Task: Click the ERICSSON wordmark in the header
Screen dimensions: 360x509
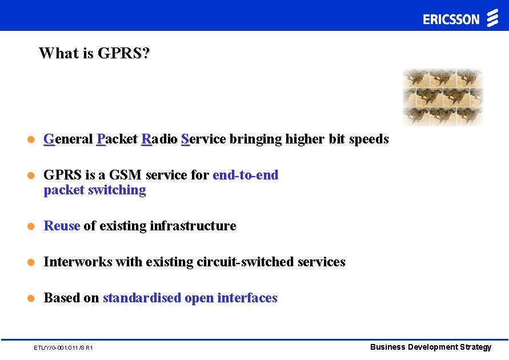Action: [451, 19]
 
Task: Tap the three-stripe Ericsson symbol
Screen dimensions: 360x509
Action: [492, 18]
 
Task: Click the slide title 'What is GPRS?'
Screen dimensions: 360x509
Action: [94, 53]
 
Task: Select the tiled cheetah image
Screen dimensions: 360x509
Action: [443, 97]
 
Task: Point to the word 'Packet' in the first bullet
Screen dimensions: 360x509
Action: [117, 139]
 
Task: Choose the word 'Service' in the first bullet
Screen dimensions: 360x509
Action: [203, 139]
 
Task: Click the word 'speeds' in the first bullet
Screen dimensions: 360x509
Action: [368, 139]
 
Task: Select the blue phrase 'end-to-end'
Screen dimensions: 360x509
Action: [245, 175]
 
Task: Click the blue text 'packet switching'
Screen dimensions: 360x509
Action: [95, 190]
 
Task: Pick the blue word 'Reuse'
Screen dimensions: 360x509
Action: [62, 226]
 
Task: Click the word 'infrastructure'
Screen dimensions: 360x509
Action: [193, 226]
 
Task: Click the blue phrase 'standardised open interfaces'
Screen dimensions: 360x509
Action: [190, 298]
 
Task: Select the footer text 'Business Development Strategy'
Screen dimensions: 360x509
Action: [430, 347]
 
